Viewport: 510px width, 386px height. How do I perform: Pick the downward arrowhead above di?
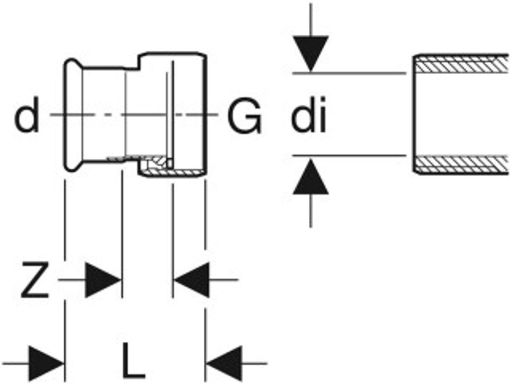(x=311, y=53)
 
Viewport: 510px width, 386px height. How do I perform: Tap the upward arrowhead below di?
(x=311, y=178)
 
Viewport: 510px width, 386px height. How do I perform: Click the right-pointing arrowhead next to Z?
(x=103, y=281)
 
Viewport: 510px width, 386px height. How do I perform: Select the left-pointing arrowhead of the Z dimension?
(x=191, y=281)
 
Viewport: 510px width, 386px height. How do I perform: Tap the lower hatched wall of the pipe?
(x=461, y=164)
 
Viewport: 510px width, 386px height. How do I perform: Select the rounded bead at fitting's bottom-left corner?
(x=71, y=166)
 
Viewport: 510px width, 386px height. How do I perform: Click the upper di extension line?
(x=349, y=74)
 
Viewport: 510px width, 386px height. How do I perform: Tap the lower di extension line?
(x=349, y=156)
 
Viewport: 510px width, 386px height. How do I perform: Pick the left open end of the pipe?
(x=414, y=114)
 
